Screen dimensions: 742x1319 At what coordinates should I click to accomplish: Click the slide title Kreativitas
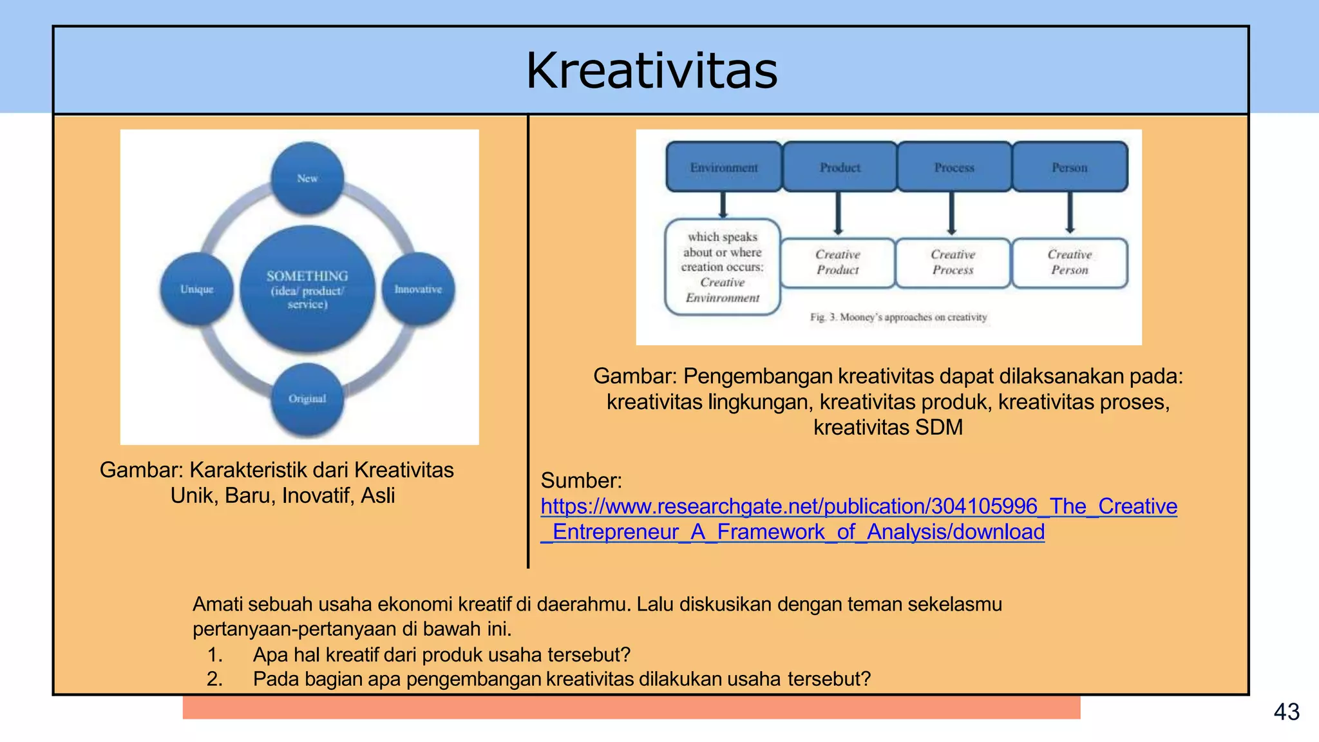(652, 71)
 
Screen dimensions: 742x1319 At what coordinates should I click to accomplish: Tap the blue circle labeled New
(307, 178)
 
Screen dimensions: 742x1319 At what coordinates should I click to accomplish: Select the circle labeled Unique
(197, 289)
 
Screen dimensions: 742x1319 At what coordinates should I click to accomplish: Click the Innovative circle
(419, 289)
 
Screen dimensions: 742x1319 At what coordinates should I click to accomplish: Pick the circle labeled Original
(307, 399)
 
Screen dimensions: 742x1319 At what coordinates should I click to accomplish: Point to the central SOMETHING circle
(307, 289)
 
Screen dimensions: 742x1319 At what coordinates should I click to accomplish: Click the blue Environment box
(724, 167)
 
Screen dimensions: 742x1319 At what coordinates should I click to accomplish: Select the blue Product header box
(840, 167)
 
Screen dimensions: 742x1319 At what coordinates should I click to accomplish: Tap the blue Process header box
(954, 167)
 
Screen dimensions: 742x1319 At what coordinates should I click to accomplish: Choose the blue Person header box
(1070, 167)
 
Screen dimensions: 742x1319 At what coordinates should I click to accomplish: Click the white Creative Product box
(838, 263)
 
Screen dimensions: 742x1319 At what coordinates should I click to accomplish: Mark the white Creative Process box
(953, 263)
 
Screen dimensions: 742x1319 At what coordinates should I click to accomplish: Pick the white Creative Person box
(1070, 263)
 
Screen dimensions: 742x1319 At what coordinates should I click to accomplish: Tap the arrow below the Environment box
(723, 205)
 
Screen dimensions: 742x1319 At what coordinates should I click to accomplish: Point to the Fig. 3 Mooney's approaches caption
(898, 317)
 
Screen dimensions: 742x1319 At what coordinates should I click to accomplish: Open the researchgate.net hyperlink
(859, 507)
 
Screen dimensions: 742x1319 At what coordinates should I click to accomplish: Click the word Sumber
(581, 480)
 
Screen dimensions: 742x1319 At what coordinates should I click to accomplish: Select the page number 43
(1286, 712)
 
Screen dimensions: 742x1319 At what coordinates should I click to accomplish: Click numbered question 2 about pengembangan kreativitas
(561, 679)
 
